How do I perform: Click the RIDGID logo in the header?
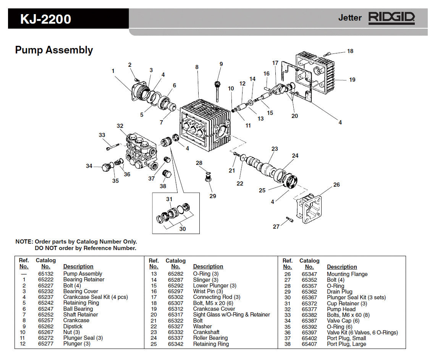click(x=391, y=18)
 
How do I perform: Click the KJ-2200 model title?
click(x=45, y=19)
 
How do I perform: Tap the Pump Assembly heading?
click(x=54, y=50)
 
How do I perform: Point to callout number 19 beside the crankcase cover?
click(x=352, y=80)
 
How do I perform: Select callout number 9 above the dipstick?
click(x=221, y=64)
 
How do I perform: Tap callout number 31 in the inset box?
click(x=169, y=199)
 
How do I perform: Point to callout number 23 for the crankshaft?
click(x=275, y=149)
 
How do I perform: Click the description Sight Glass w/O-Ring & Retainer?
click(x=231, y=315)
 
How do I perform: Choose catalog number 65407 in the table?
click(x=309, y=344)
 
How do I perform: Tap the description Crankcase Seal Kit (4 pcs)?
click(x=95, y=297)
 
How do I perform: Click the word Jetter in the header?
click(x=349, y=18)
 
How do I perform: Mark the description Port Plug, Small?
click(x=346, y=338)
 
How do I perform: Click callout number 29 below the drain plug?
click(x=213, y=196)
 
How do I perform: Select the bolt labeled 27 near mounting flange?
click(x=289, y=219)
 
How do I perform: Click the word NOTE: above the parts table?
click(x=24, y=242)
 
